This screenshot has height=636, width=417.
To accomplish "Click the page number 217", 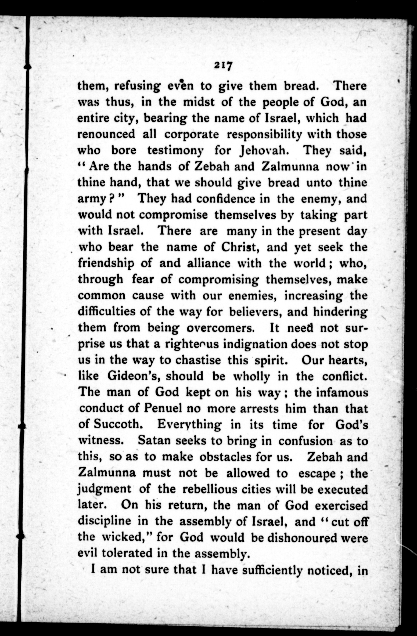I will coord(223,65).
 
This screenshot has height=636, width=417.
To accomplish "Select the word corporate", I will coord(191,134).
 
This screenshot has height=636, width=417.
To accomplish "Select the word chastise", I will coord(198,360).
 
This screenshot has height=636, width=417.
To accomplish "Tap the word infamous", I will coord(342,393).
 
